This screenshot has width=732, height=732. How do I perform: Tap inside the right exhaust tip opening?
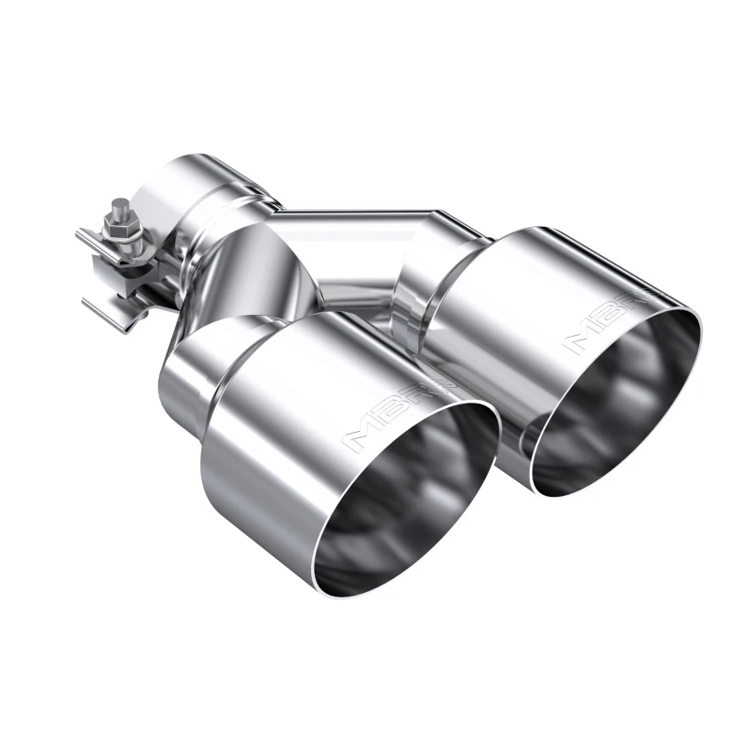(622, 403)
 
